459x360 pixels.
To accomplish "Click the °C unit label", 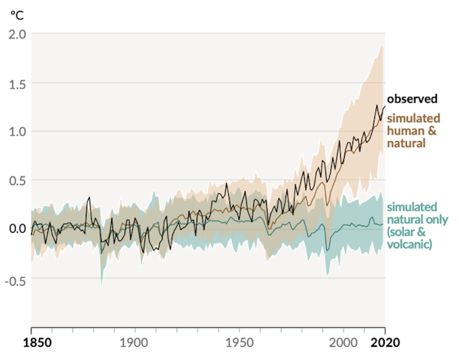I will click(16, 16).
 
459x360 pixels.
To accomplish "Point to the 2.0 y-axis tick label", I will click(16, 34).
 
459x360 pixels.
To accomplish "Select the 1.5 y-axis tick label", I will click(16, 83).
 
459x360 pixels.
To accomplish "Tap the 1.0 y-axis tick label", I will click(16, 132).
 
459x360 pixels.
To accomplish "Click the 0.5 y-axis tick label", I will click(16, 180).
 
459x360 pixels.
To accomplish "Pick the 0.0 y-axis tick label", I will click(16, 229).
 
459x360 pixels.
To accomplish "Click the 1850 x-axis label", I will click(31, 342).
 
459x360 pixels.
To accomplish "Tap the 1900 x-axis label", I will click(135, 342).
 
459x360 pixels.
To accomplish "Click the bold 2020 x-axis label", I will click(384, 342).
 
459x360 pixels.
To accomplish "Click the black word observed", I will click(412, 99).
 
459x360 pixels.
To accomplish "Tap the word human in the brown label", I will click(404, 131).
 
